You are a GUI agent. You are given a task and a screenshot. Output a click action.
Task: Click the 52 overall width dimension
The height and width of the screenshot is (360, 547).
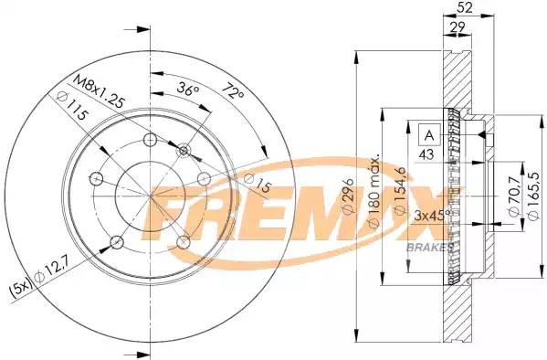[x=465, y=8]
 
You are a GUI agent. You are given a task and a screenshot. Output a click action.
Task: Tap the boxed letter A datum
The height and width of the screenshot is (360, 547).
[x=427, y=135]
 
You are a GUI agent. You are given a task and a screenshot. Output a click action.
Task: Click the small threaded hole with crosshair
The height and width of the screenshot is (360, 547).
[x=184, y=150]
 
